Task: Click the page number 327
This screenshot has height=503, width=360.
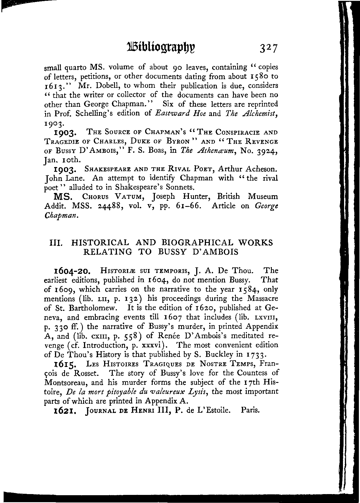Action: click(268, 48)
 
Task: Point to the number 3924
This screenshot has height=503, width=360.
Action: click(266, 151)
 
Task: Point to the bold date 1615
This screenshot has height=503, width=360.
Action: click(64, 364)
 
